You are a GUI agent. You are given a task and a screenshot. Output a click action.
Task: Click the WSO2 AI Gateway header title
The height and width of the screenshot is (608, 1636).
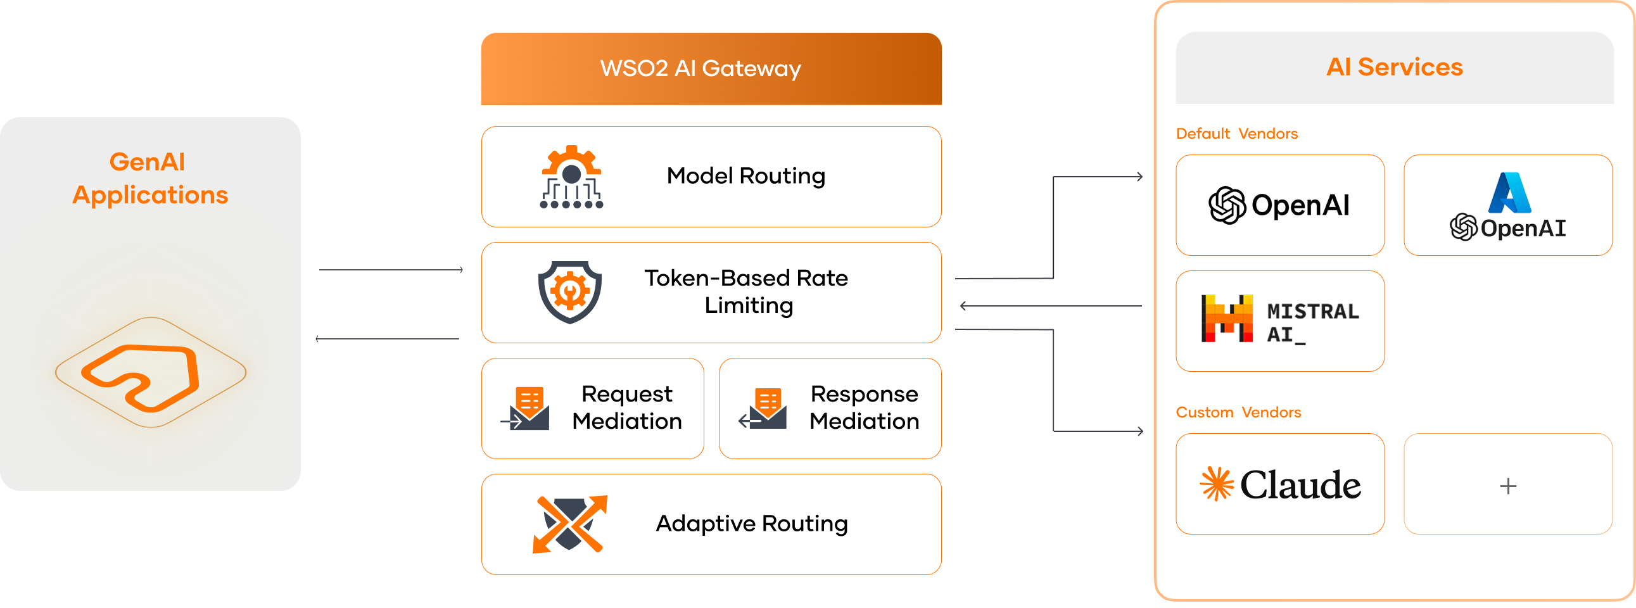[701, 68]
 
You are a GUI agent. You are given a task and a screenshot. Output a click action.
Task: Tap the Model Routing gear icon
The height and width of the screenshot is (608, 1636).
[571, 177]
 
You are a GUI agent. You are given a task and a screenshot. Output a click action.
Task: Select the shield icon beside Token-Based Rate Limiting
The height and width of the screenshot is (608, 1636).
[569, 292]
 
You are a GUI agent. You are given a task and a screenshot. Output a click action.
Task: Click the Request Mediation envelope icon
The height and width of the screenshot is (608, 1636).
[525, 408]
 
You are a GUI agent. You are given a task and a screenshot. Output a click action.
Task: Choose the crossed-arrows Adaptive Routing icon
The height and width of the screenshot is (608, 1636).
[569, 524]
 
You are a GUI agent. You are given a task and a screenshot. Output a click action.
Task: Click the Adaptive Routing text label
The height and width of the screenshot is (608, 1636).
[752, 524]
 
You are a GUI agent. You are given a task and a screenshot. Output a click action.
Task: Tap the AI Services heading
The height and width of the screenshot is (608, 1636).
[1395, 66]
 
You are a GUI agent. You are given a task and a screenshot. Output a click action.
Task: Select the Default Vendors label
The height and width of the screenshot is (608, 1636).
[1236, 134]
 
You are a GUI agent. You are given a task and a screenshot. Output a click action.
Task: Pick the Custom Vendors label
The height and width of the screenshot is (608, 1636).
[1238, 412]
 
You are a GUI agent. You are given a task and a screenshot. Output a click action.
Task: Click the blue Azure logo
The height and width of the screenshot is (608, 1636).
[1509, 193]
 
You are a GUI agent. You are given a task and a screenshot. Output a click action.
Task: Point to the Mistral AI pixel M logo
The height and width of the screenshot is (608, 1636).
[1227, 319]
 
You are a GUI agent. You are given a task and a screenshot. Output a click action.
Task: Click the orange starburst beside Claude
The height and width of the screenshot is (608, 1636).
[1216, 484]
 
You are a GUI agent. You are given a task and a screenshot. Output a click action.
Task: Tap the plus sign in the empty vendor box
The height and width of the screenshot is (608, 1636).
[1508, 486]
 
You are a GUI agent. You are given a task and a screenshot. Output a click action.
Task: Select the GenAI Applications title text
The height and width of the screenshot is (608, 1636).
[150, 179]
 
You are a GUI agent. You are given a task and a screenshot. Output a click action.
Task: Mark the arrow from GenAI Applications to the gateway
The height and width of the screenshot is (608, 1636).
[391, 270]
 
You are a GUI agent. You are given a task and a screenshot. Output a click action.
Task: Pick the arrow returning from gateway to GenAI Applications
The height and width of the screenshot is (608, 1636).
[388, 339]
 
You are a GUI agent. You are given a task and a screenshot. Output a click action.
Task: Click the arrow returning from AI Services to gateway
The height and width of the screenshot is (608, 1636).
[1051, 307]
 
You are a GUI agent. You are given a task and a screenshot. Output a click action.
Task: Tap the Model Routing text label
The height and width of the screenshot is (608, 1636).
[746, 176]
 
